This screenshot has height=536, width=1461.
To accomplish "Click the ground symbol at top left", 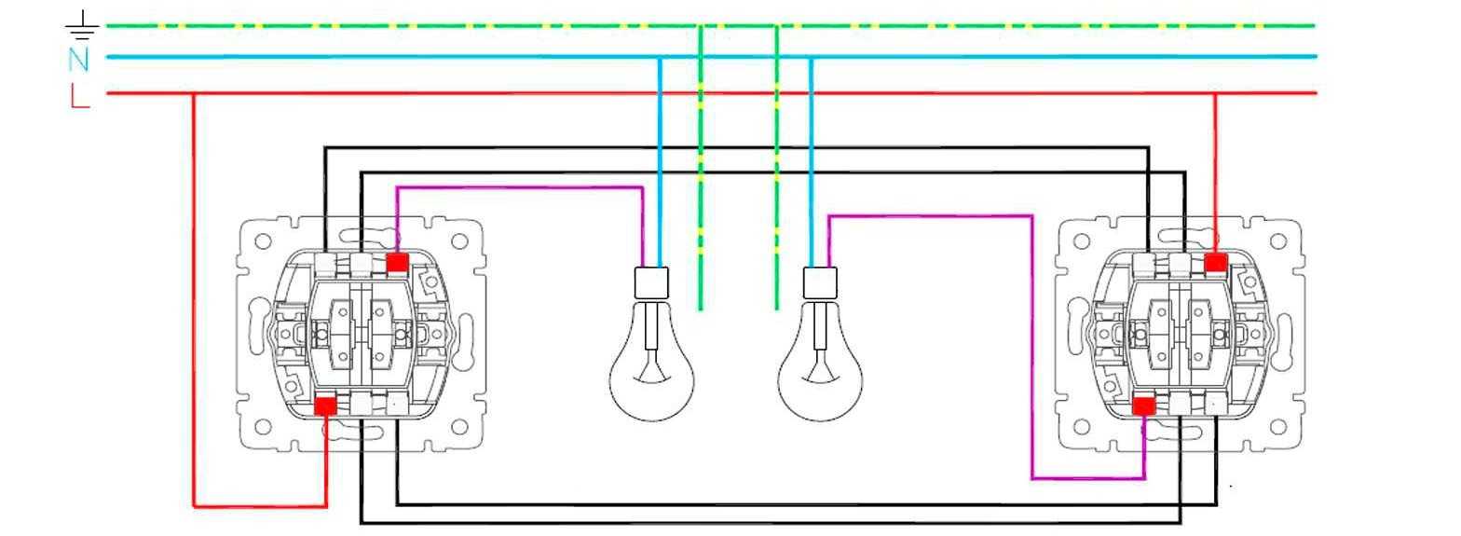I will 83,26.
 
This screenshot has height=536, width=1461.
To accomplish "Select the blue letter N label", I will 79,60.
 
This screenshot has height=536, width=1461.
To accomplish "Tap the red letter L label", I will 80,95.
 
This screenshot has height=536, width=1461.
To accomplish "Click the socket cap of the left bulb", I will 651,282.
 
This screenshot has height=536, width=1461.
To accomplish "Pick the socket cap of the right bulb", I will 820,282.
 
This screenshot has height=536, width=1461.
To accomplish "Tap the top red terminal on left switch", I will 396,263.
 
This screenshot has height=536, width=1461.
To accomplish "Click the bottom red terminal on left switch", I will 325,405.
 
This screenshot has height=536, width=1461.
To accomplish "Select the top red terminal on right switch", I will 1215,263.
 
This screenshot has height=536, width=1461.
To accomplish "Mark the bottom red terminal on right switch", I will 1143,405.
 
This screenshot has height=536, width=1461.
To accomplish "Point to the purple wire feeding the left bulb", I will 522,187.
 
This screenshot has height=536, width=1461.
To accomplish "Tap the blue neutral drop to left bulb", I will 660,158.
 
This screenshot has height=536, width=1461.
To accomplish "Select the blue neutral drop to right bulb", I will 811,158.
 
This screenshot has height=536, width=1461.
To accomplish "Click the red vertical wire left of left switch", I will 194,298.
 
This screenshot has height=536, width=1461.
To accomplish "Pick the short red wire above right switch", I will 1215,168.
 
